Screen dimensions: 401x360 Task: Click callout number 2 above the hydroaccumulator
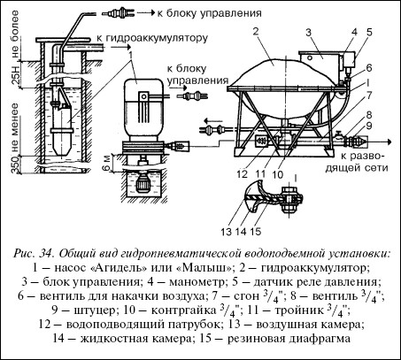(256, 32)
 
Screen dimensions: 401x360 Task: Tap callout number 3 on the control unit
(308, 32)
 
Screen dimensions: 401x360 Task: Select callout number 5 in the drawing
(369, 32)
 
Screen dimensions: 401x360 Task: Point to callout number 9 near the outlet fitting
(369, 126)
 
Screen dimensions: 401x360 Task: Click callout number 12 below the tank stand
(242, 174)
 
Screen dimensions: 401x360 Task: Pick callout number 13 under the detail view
(227, 232)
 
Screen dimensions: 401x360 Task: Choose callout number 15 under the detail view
(256, 232)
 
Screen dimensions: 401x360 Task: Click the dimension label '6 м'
(108, 163)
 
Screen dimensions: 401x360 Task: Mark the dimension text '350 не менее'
(15, 139)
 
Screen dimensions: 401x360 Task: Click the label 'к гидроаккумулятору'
(152, 38)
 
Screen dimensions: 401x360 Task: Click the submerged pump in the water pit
(143, 185)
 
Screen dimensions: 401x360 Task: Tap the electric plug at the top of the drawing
(118, 13)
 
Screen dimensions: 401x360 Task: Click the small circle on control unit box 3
(309, 57)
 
